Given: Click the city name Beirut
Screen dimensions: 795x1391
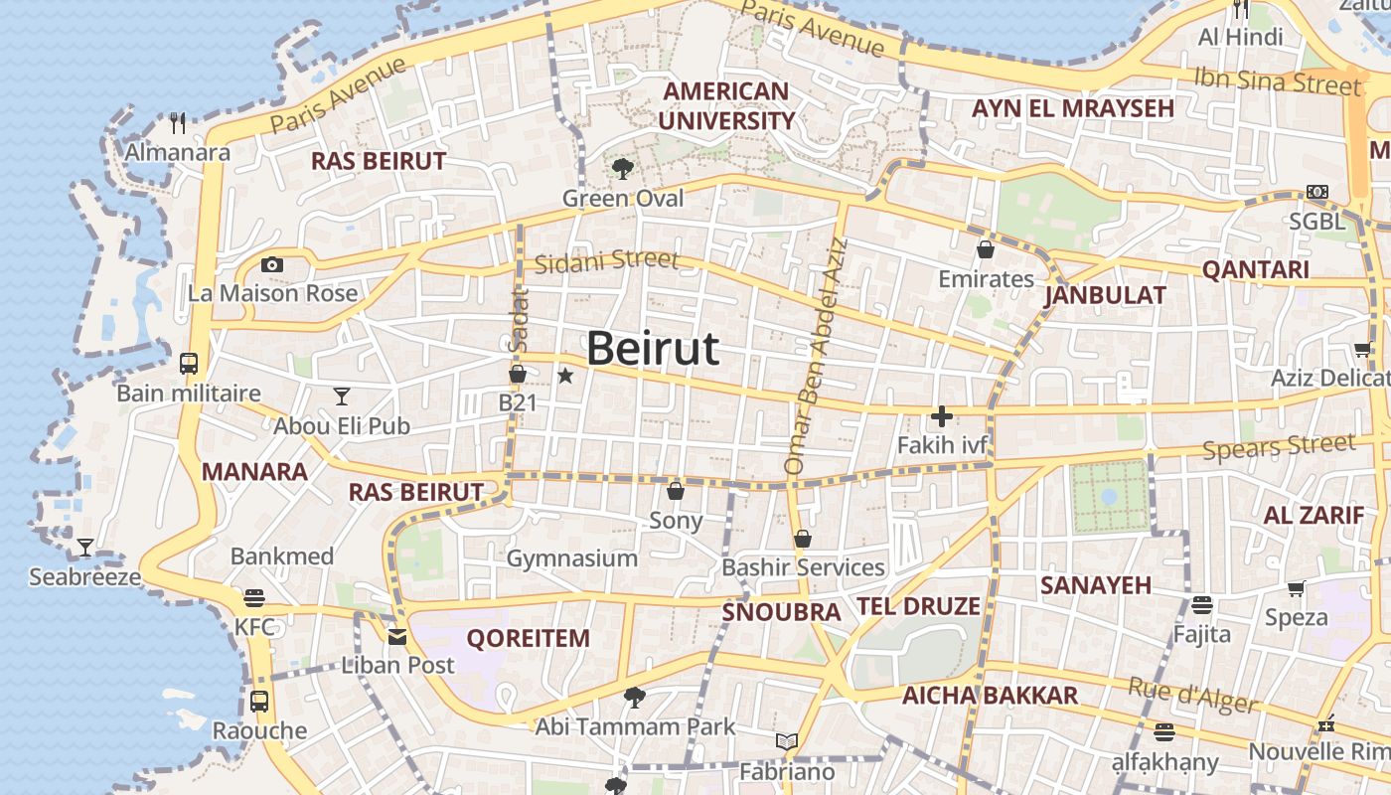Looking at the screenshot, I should tap(652, 349).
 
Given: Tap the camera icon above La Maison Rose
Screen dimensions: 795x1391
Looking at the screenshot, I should tap(271, 264).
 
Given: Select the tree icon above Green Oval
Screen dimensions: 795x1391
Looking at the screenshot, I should tap(623, 168).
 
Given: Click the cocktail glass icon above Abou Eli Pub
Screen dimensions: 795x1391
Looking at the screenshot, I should tap(342, 396).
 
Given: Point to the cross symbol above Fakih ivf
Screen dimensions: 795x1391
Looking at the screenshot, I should tap(941, 416).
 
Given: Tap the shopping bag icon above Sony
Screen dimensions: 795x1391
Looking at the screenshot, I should tap(676, 491).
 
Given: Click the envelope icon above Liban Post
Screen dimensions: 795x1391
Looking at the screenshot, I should tap(397, 637).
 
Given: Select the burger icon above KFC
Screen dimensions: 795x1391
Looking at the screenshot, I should tap(254, 598).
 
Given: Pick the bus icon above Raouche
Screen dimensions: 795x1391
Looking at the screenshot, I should tap(259, 701).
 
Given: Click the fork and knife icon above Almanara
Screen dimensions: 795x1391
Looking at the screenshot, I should tap(178, 123).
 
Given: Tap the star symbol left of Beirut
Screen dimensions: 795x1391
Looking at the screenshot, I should tap(565, 376).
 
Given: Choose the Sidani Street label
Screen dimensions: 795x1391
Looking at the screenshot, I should tap(606, 262).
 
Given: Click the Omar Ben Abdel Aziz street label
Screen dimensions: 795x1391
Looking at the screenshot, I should tap(817, 355).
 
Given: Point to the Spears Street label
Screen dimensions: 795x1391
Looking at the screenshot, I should tap(1279, 447).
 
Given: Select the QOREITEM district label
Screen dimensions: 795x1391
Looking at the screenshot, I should tap(528, 638).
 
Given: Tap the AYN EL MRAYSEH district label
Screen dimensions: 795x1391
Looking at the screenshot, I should tap(1073, 108).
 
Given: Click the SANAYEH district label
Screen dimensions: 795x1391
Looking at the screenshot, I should tap(1095, 585).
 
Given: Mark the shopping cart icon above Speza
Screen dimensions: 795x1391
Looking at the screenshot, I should tap(1296, 588).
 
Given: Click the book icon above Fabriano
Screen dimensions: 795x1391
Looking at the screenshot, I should tap(787, 741).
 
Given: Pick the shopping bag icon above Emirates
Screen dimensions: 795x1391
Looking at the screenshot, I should tap(986, 248).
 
